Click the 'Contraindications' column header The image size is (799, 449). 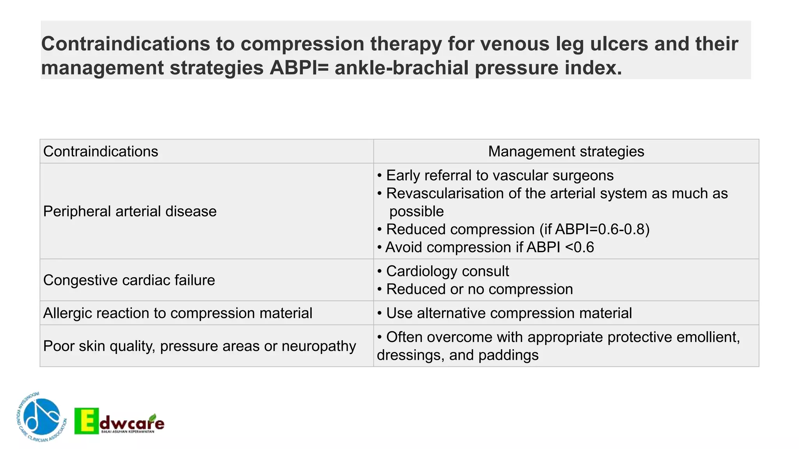pyautogui.click(x=101, y=152)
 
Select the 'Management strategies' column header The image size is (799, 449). pyautogui.click(x=566, y=152)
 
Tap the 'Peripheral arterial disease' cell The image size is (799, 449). pyautogui.click(x=130, y=211)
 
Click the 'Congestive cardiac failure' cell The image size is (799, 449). pyautogui.click(x=129, y=280)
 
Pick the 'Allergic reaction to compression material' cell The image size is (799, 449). pyautogui.click(x=178, y=313)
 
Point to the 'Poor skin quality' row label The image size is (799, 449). pyautogui.click(x=199, y=346)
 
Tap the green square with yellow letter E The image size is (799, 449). pyautogui.click(x=87, y=421)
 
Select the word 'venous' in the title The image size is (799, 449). pyautogui.click(x=514, y=44)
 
